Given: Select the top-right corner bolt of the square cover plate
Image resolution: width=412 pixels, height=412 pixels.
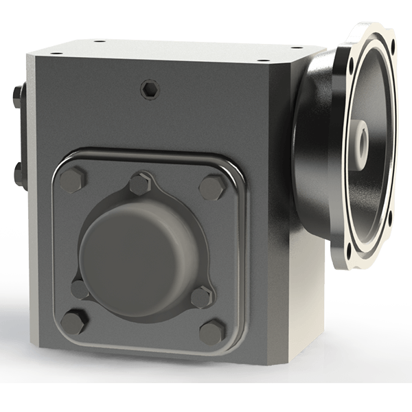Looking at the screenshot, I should tap(209, 184).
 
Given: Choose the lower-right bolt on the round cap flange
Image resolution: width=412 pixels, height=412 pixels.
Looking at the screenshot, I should tap(200, 297).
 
